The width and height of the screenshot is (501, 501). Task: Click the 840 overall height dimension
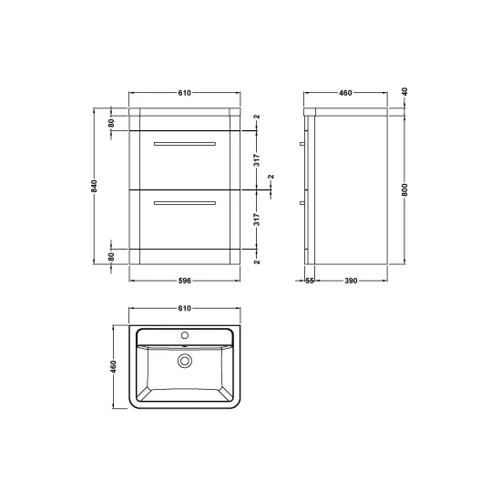[94, 186]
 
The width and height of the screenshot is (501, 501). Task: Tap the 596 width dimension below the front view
[184, 281]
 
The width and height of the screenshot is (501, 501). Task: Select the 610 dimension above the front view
[184, 93]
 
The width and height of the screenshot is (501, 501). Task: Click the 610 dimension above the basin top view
[184, 308]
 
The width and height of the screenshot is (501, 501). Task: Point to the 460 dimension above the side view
[345, 93]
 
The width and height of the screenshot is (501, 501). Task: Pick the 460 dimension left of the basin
[114, 366]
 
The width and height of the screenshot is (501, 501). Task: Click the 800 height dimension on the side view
[404, 189]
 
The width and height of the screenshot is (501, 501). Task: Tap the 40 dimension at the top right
[404, 92]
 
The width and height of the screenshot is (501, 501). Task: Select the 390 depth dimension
[351, 281]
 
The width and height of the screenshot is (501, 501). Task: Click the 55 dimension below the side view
[310, 281]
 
